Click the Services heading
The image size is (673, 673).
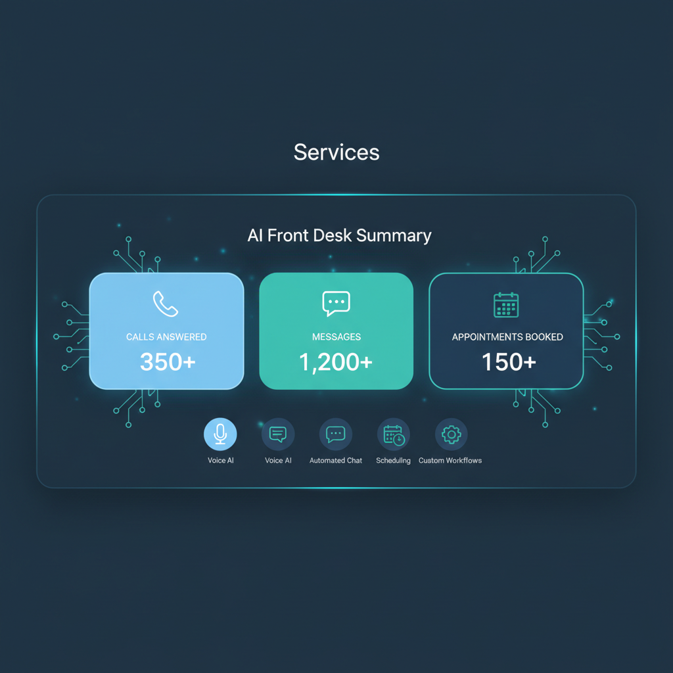point(336,152)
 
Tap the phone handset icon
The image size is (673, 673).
point(166,304)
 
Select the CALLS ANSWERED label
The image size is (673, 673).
point(166,337)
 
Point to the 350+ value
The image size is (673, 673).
point(168,362)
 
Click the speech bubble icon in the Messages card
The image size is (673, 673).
point(336,304)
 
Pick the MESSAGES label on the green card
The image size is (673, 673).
point(336,337)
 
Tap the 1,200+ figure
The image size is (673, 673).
point(336,362)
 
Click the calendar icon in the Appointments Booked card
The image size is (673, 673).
point(506,305)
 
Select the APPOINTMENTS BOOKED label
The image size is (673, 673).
point(507,337)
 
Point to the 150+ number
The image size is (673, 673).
point(509,362)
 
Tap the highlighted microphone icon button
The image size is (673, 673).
point(220,434)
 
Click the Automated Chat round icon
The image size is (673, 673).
point(336,434)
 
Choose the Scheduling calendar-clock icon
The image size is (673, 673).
point(393,434)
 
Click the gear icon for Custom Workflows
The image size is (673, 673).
point(451,434)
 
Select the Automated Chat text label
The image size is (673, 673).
point(336,461)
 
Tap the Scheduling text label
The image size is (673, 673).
point(393,461)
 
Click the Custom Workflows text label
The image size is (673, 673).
point(450,461)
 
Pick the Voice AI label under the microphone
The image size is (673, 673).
point(221,461)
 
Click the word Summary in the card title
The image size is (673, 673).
point(400,236)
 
